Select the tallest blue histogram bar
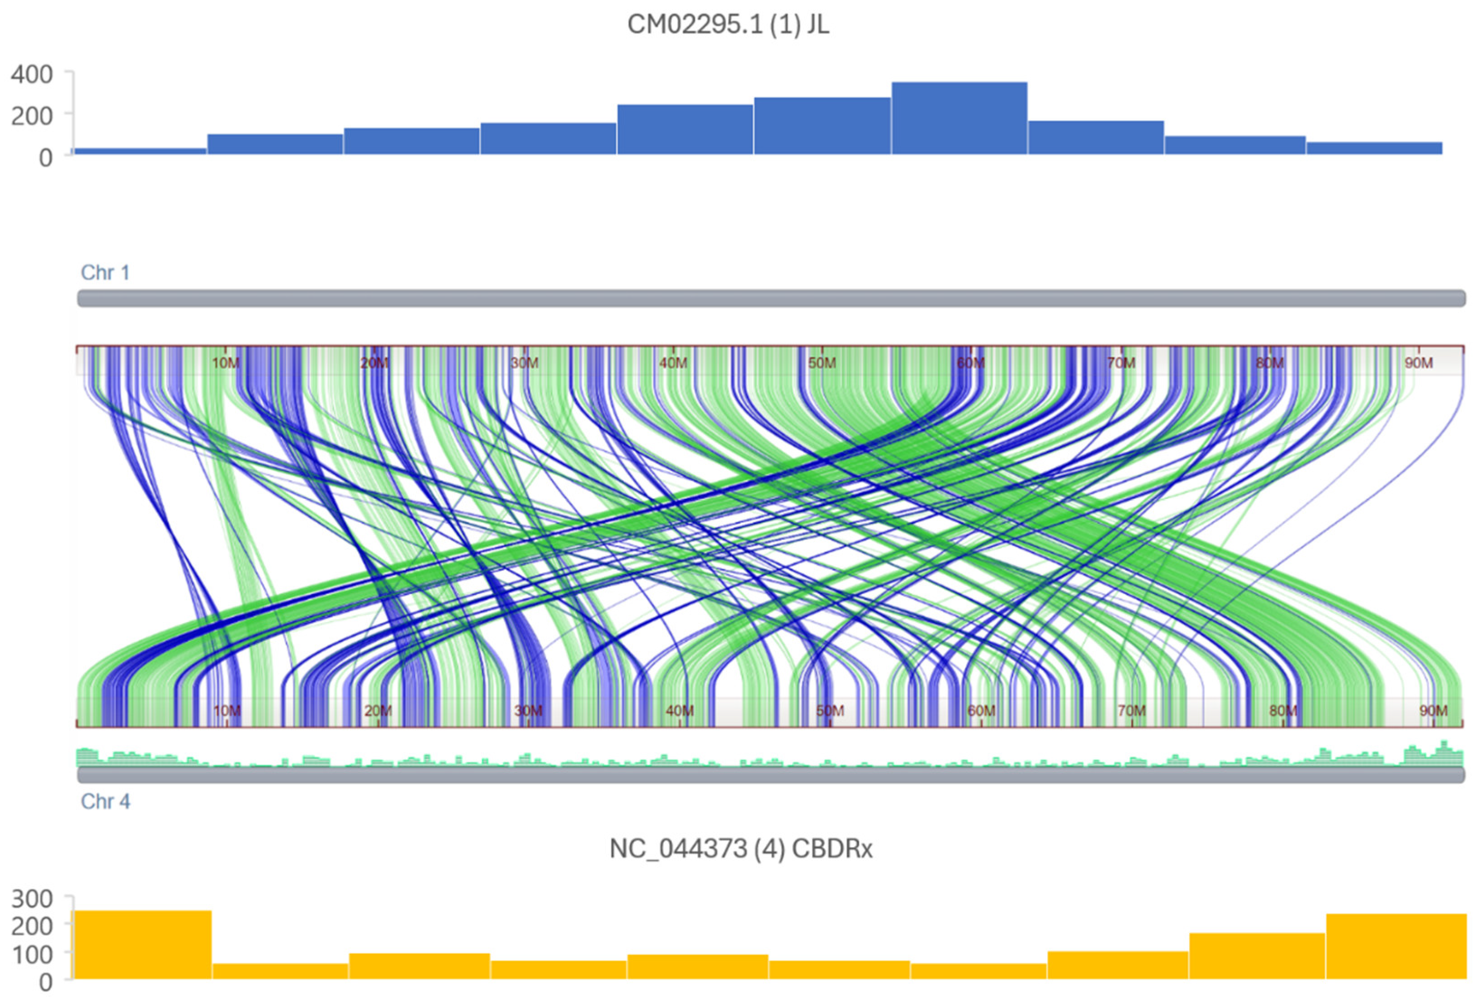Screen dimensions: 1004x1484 (959, 118)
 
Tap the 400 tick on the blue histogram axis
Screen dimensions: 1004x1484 (32, 75)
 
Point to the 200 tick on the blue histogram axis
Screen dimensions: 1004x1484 (32, 116)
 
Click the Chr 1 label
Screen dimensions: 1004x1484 (105, 272)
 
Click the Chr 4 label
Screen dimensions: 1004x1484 (105, 801)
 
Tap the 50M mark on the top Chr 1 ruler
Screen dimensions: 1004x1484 (822, 362)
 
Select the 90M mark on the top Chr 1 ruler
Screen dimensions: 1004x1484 (1418, 362)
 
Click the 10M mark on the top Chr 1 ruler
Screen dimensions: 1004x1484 (226, 362)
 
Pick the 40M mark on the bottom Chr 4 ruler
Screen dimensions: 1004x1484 (680, 710)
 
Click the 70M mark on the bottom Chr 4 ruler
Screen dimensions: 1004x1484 (1131, 710)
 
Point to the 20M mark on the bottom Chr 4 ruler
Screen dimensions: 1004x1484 (378, 710)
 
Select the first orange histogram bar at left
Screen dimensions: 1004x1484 (143, 945)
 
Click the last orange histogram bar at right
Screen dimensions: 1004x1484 (1396, 947)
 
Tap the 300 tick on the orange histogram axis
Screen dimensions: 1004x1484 (32, 899)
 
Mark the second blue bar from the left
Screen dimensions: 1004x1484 (275, 144)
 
